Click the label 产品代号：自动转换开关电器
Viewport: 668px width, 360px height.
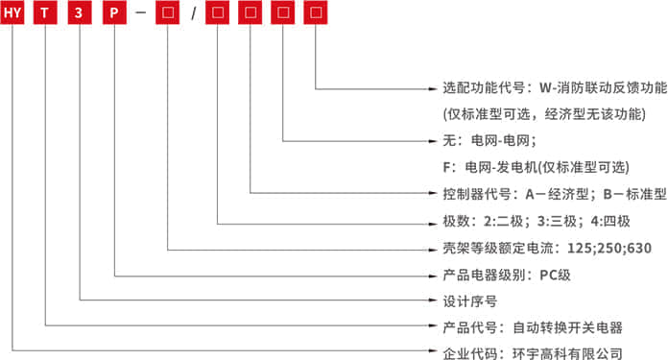(x=533, y=326)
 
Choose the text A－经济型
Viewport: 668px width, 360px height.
(x=561, y=194)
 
